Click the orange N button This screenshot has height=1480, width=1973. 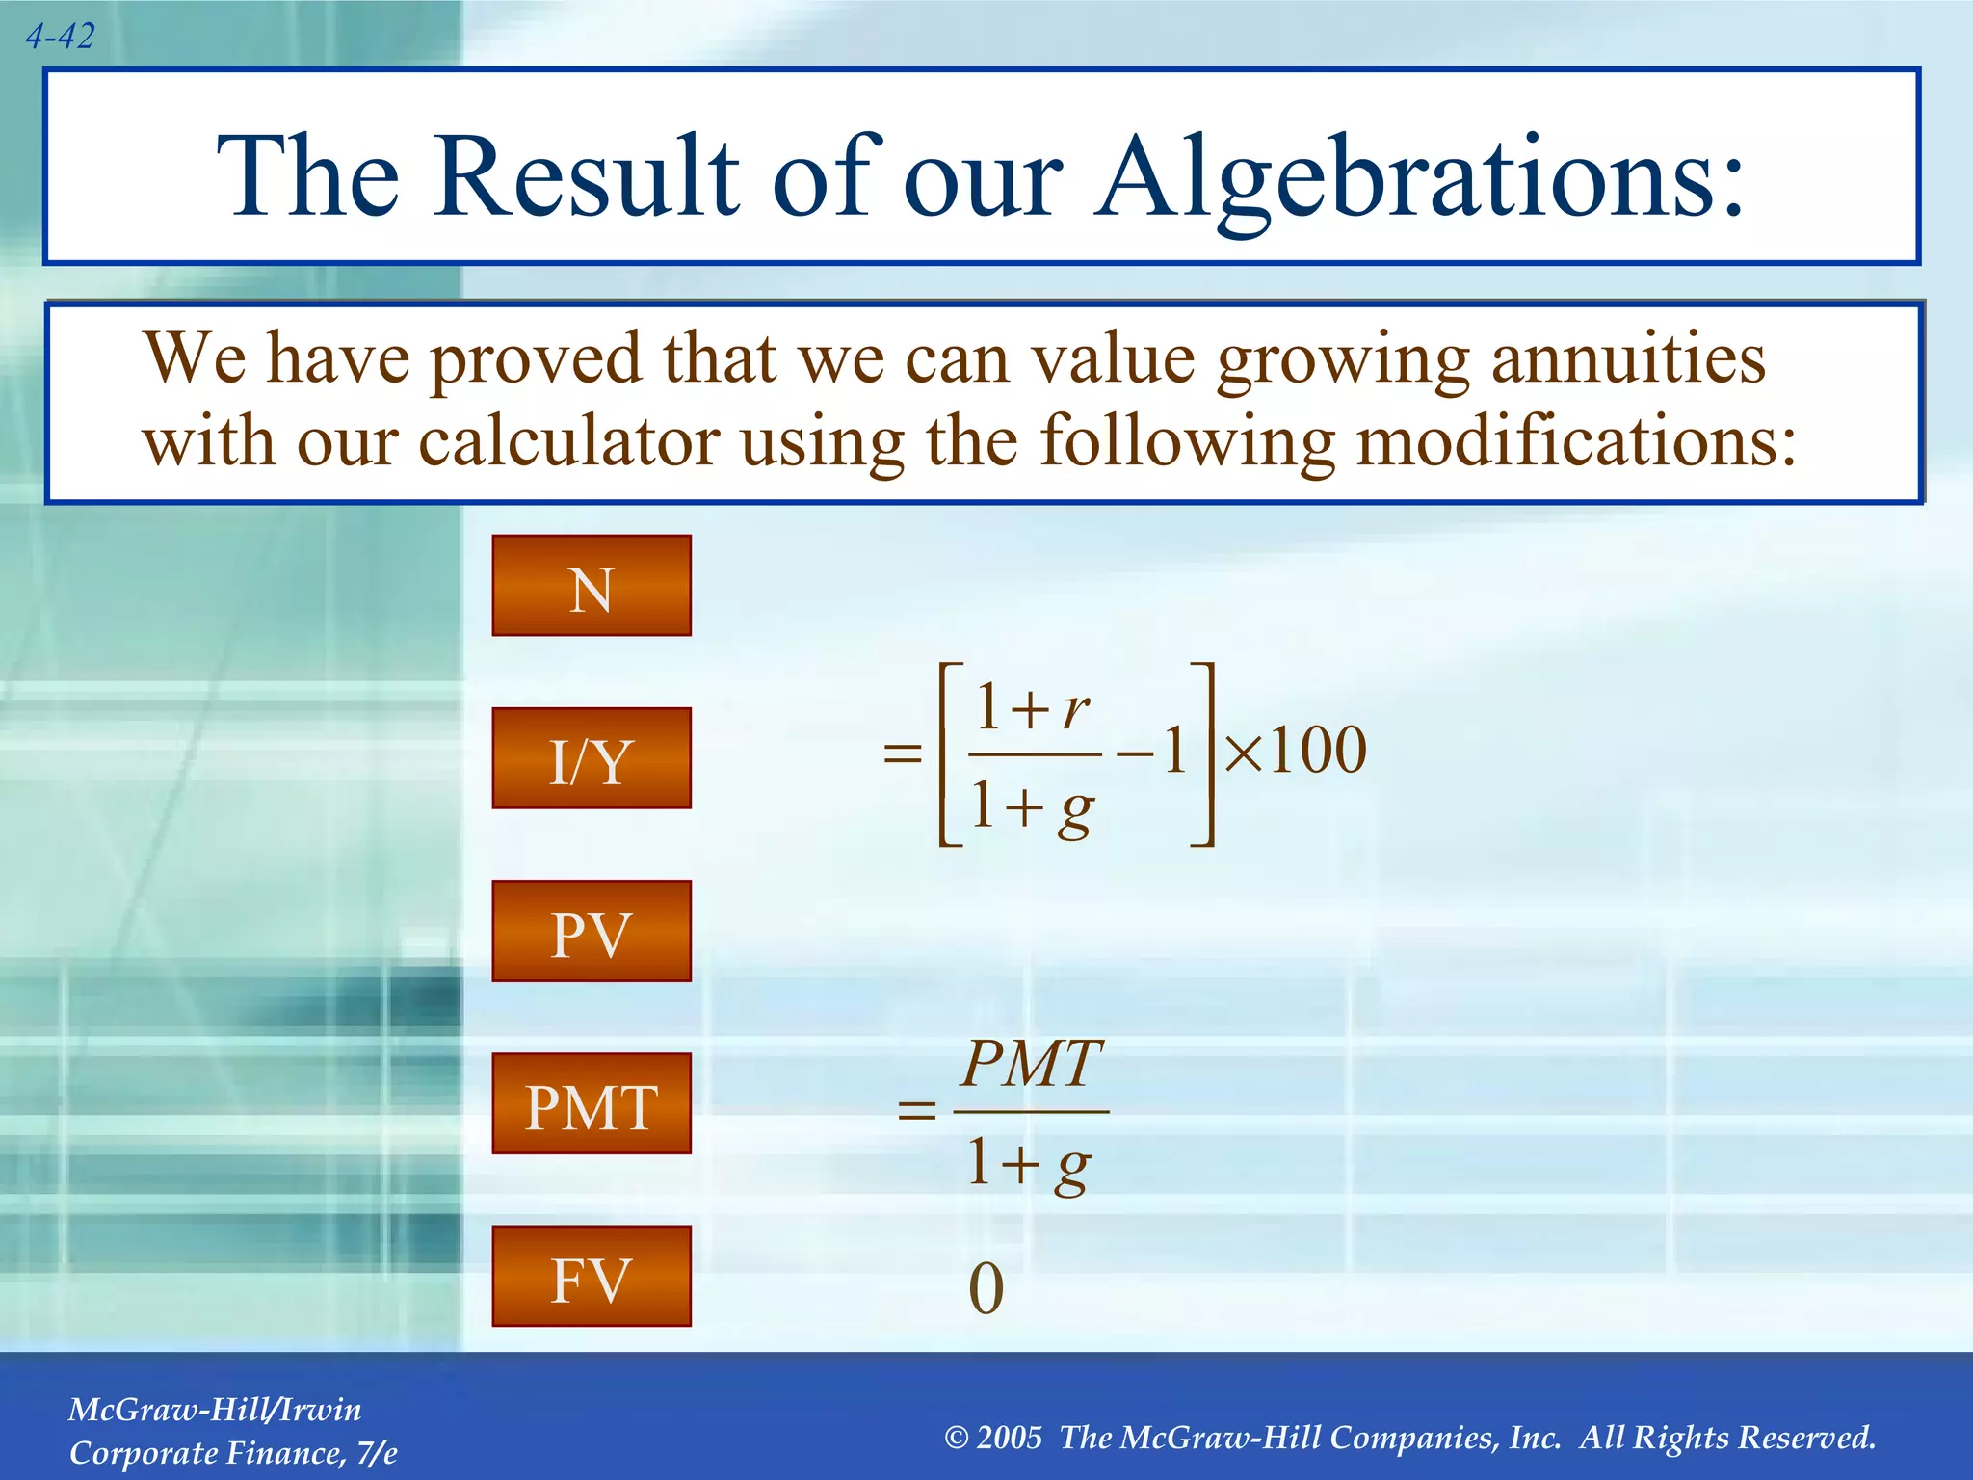pyautogui.click(x=592, y=586)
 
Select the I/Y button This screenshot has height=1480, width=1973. pyautogui.click(x=592, y=758)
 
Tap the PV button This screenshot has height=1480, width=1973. pyautogui.click(x=592, y=931)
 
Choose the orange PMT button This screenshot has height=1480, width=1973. pyautogui.click(x=592, y=1103)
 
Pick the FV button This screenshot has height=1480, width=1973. pyautogui.click(x=592, y=1277)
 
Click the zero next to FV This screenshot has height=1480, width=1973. pyautogui.click(x=986, y=1289)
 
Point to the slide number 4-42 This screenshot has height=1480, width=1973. pyautogui.click(x=60, y=37)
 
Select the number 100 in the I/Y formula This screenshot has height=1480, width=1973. pyautogui.click(x=1317, y=751)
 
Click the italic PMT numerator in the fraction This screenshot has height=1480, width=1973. pyautogui.click(x=1032, y=1064)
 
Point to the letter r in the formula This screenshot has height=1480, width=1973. pyautogui.click(x=1076, y=711)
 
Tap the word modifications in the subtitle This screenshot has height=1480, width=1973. pyautogui.click(x=1576, y=442)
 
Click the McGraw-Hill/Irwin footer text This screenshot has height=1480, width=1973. pyautogui.click(x=215, y=1410)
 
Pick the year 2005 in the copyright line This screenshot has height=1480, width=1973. pyautogui.click(x=1009, y=1438)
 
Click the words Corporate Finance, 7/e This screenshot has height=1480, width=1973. pyautogui.click(x=233, y=1453)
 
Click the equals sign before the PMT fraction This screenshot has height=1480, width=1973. pyautogui.click(x=916, y=1111)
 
